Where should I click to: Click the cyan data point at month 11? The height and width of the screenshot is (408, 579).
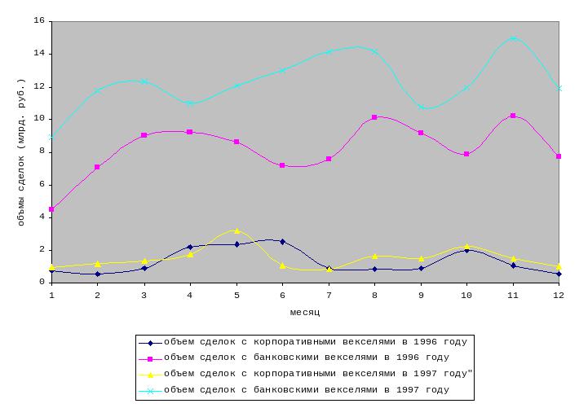(513, 38)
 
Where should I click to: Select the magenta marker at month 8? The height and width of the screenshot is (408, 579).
(374, 117)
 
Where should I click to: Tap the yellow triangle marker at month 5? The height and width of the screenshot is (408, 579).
(236, 230)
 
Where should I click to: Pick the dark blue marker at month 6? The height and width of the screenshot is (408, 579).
(282, 242)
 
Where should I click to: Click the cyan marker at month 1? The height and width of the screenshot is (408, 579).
(51, 137)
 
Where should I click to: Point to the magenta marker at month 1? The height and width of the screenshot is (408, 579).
(51, 209)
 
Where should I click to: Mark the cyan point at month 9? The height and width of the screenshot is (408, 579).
(421, 107)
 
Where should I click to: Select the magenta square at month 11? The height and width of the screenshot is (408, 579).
(513, 116)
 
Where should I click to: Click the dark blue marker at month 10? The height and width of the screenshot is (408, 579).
(466, 250)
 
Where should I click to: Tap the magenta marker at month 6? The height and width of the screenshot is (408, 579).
(282, 165)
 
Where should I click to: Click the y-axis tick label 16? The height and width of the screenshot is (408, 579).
(39, 21)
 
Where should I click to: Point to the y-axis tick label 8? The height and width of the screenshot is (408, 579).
(42, 152)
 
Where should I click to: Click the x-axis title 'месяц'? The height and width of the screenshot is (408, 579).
(304, 312)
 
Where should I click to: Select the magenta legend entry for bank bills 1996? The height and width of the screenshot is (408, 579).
(306, 358)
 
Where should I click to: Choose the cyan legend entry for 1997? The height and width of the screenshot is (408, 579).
(306, 390)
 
